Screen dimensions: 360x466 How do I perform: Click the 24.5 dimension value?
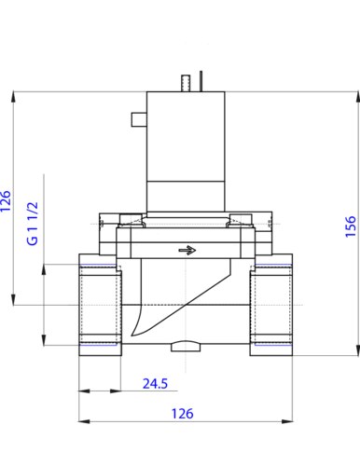point(155,384)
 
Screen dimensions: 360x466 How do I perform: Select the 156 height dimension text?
point(351,226)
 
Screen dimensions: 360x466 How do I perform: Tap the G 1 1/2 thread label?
point(33,224)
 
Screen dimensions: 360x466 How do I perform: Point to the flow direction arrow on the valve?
point(187,250)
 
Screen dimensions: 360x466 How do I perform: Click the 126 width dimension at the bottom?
point(183,414)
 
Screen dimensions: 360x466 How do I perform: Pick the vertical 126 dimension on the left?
point(6,201)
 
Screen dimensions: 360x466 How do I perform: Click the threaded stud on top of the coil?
point(186,83)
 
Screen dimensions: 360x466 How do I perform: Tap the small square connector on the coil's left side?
point(139,119)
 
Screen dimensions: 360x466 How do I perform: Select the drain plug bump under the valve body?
point(186,346)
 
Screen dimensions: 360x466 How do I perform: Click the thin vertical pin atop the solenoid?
point(201,81)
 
